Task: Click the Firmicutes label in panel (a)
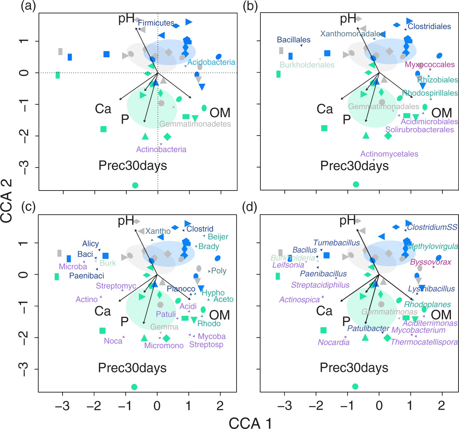click(156, 23)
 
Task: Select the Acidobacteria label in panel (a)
click(211, 62)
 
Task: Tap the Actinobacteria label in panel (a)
click(161, 149)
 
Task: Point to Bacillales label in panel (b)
click(294, 40)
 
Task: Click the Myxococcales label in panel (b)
click(430, 65)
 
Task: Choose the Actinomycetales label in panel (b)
click(389, 154)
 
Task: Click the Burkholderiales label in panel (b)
click(307, 65)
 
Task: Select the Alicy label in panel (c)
click(90, 244)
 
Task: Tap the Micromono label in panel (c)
click(164, 345)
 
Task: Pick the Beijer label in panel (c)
click(218, 237)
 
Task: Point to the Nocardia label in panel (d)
click(334, 342)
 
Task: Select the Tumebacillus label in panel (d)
click(337, 243)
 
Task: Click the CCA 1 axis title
click(250, 423)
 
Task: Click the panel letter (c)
click(28, 207)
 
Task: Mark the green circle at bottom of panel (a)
click(135, 185)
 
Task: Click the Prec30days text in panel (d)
click(354, 368)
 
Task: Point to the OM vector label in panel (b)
click(441, 113)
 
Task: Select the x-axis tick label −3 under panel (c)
click(62, 406)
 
